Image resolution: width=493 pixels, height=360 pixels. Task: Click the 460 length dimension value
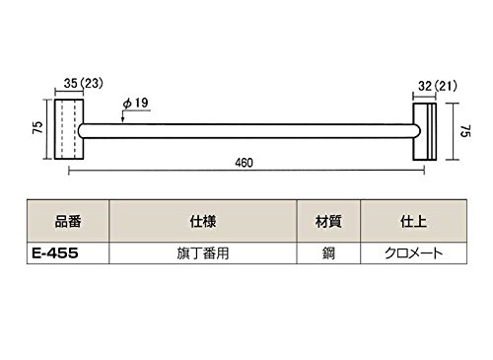[244, 163]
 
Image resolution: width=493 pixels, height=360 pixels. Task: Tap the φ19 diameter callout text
[135, 103]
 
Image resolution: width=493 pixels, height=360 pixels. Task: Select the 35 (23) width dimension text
[84, 83]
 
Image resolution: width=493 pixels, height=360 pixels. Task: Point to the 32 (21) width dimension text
[438, 86]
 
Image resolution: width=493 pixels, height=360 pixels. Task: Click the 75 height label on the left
[38, 127]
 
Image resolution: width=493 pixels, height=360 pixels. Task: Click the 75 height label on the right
[465, 131]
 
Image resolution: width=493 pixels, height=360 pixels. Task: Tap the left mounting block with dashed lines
[69, 129]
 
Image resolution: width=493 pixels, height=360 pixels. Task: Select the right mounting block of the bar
[425, 132]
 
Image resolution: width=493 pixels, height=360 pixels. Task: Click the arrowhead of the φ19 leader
[122, 120]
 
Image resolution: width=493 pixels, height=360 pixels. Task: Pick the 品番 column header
[68, 222]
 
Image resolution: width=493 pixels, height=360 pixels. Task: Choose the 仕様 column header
[203, 222]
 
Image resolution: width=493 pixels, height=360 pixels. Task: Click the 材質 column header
[328, 222]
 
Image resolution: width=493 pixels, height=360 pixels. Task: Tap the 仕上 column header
[413, 222]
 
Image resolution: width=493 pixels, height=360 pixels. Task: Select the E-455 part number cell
[55, 253]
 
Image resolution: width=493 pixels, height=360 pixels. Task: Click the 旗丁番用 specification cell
[203, 253]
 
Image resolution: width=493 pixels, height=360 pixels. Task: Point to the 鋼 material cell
[328, 253]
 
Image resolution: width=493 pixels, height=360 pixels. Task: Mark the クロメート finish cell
[413, 253]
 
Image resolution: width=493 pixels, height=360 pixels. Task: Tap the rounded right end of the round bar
[418, 131]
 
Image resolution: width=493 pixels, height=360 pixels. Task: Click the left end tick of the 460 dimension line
[69, 171]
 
